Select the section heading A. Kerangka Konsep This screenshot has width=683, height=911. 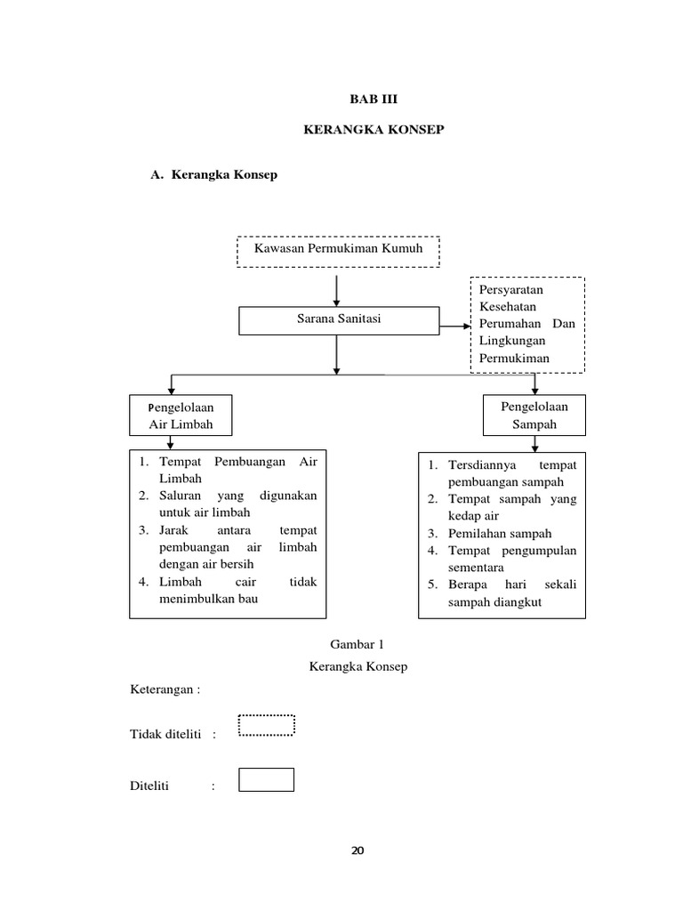coord(213,175)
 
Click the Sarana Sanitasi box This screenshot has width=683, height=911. coord(339,320)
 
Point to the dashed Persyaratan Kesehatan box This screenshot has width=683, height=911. coord(527,324)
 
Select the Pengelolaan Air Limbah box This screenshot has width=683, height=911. coord(181,415)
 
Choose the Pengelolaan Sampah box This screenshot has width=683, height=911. coord(534,415)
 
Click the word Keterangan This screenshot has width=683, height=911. coord(162,689)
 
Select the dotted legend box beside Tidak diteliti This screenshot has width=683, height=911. coord(267,726)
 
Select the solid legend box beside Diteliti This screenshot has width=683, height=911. coord(267,779)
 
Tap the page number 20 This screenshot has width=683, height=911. coord(358,851)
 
